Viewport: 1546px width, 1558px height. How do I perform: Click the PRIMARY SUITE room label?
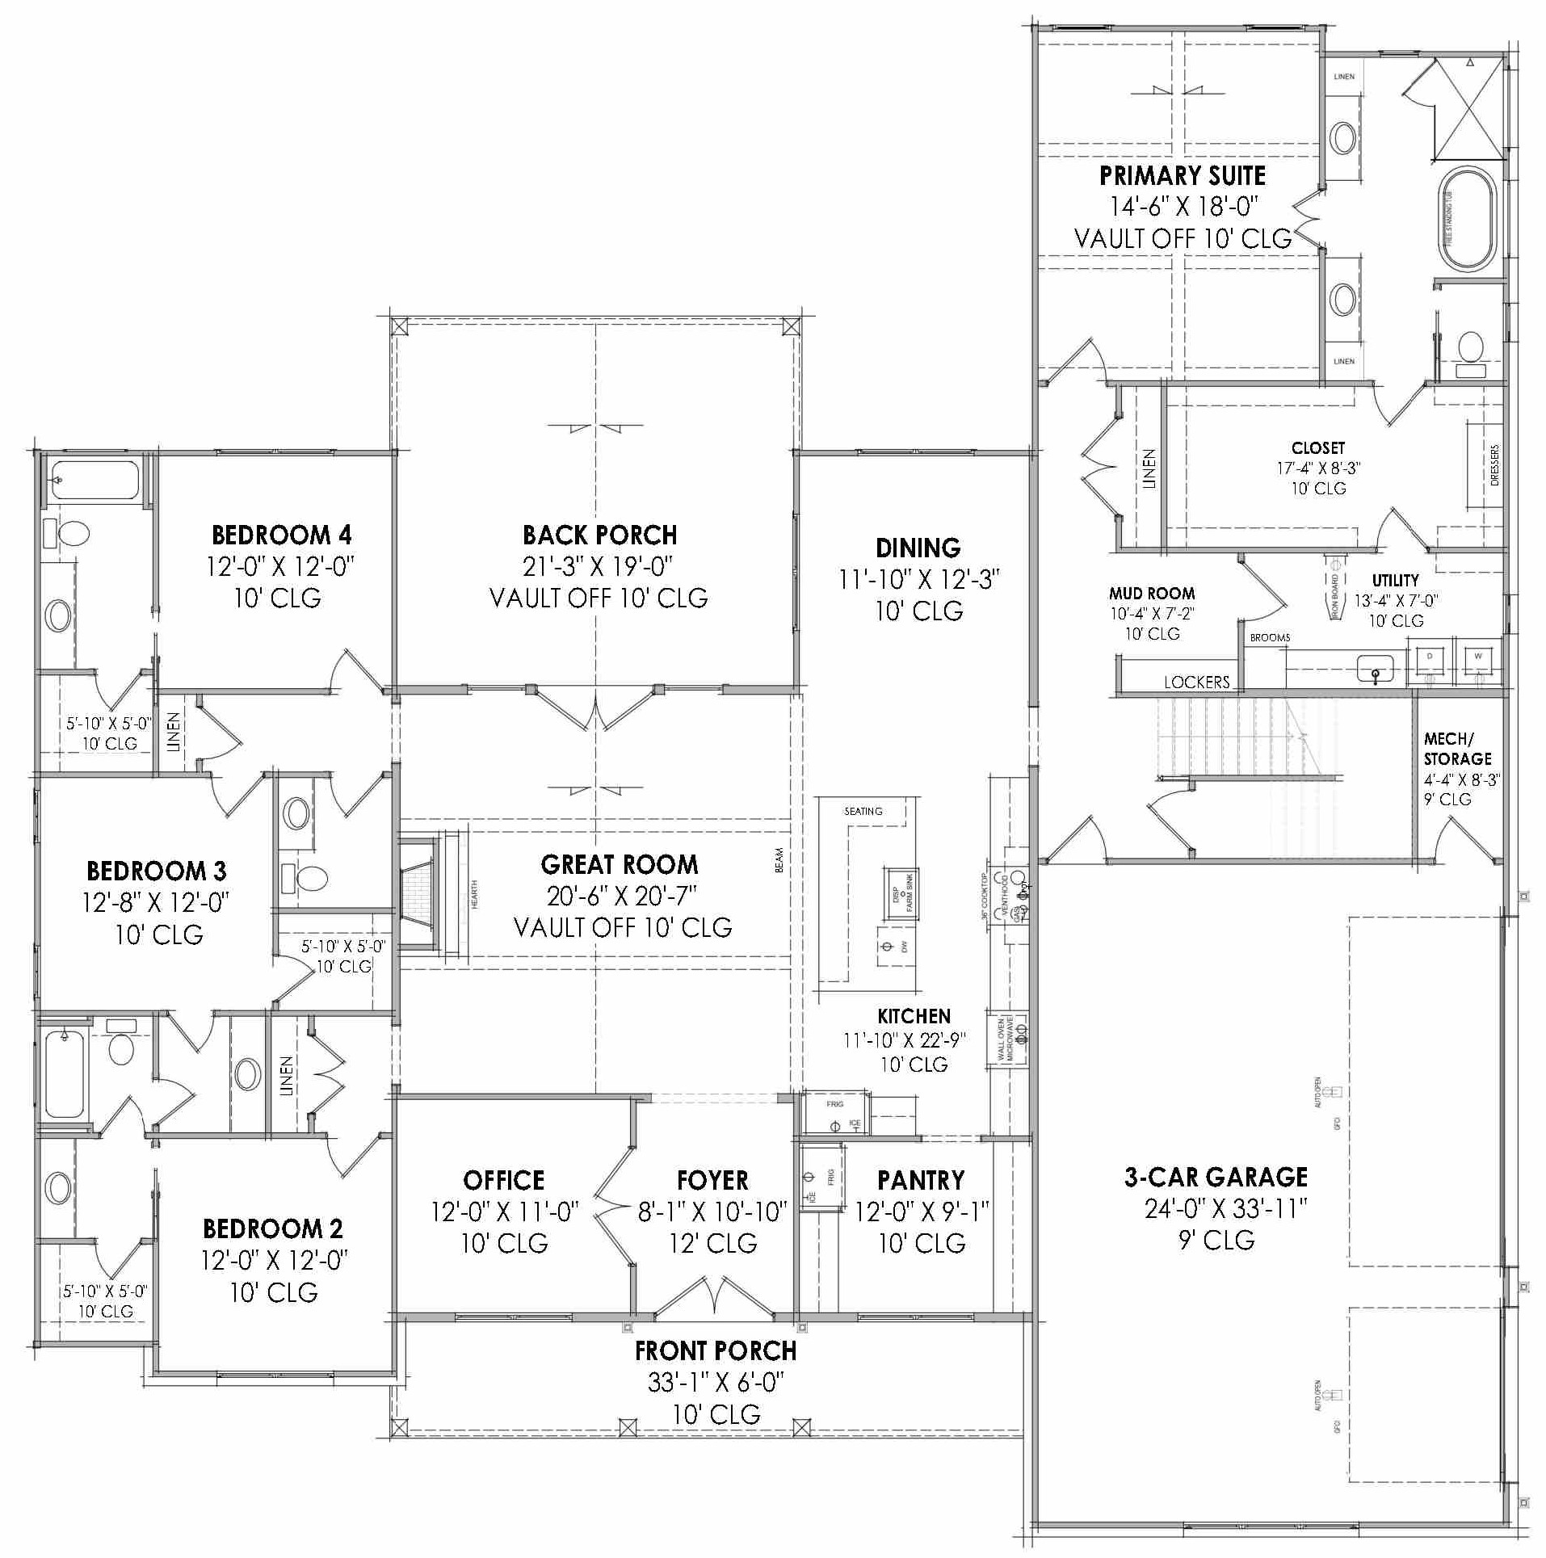click(x=1182, y=176)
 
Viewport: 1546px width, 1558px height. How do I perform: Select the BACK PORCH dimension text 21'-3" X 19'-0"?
click(x=598, y=567)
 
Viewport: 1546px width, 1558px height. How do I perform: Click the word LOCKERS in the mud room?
click(x=1196, y=682)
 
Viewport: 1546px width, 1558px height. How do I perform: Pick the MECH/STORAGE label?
click(x=1457, y=749)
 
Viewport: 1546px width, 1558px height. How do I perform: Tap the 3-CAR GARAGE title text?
click(x=1216, y=1178)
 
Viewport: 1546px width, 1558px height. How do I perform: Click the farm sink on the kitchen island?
click(x=900, y=894)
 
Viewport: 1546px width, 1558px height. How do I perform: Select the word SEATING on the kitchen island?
click(x=863, y=811)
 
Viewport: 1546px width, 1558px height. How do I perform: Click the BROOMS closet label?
click(x=1270, y=637)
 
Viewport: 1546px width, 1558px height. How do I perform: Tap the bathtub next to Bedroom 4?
click(x=95, y=480)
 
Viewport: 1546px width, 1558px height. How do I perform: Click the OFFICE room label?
click(x=503, y=1181)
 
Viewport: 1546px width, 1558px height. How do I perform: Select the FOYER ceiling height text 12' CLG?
click(x=713, y=1244)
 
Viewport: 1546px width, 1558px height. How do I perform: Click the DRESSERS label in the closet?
click(x=1494, y=465)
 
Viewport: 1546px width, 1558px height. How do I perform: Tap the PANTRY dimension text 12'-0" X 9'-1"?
click(x=922, y=1212)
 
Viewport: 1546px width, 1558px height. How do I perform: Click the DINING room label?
click(x=918, y=548)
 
